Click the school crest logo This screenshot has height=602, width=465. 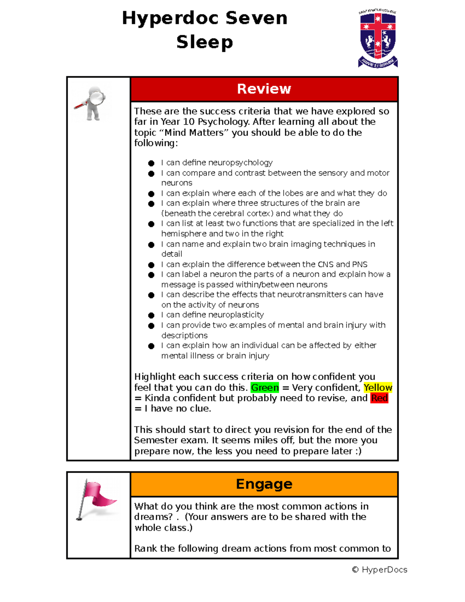tap(378, 38)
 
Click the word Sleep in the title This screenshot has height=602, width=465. tap(205, 42)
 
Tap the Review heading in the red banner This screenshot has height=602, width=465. tap(264, 89)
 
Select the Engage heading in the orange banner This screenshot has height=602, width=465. tap(264, 484)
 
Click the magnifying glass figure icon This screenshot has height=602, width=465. tap(91, 103)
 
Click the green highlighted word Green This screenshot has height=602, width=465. tap(265, 388)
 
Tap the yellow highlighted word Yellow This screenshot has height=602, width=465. tap(378, 388)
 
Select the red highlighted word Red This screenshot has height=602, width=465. tap(379, 398)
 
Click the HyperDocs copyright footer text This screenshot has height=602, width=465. tap(379, 569)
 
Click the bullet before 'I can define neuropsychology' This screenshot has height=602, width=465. tap(151, 163)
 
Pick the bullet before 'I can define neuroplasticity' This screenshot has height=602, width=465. tap(151, 316)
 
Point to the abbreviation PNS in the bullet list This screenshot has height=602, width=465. tap(360, 264)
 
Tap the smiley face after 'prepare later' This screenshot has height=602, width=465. tap(358, 451)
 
